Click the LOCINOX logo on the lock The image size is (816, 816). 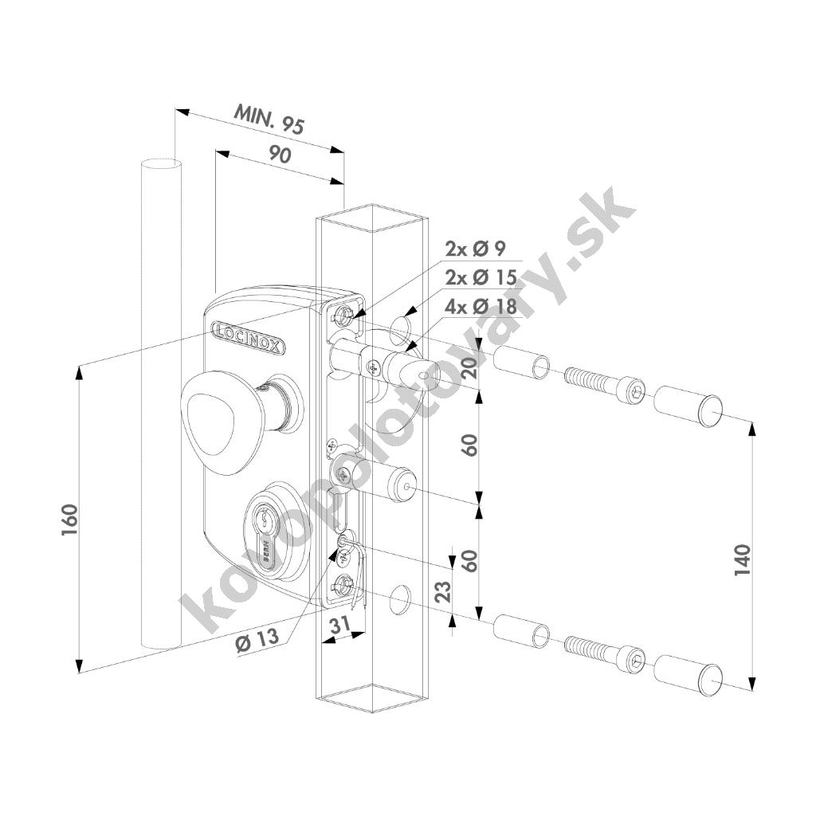pyautogui.click(x=249, y=337)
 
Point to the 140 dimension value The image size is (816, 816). pyautogui.click(x=743, y=559)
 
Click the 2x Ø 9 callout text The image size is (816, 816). pyautogui.click(x=475, y=249)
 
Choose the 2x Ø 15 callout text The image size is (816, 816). pyautogui.click(x=481, y=277)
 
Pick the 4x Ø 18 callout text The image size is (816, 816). pyautogui.click(x=481, y=306)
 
